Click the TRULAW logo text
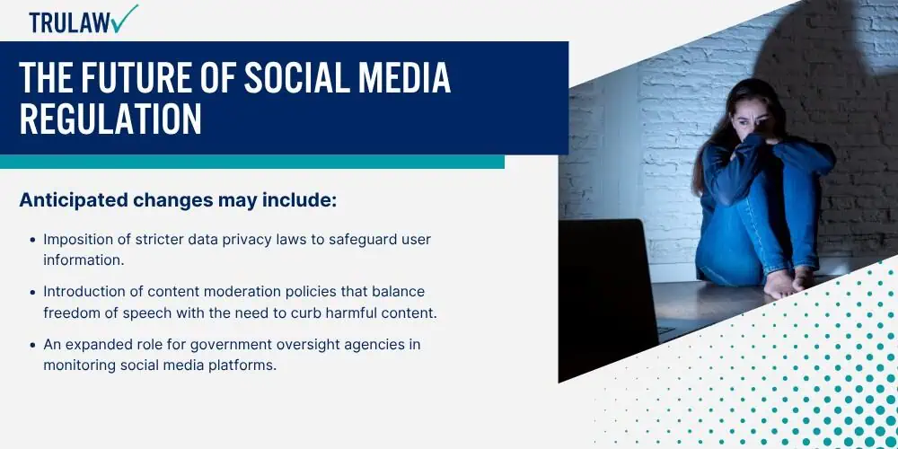tap(70, 23)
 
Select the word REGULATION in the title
tap(110, 119)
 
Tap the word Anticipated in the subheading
tap(73, 200)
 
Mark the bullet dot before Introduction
tap(33, 292)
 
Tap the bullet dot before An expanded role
tap(33, 346)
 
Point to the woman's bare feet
tap(788, 282)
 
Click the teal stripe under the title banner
tap(252, 162)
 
